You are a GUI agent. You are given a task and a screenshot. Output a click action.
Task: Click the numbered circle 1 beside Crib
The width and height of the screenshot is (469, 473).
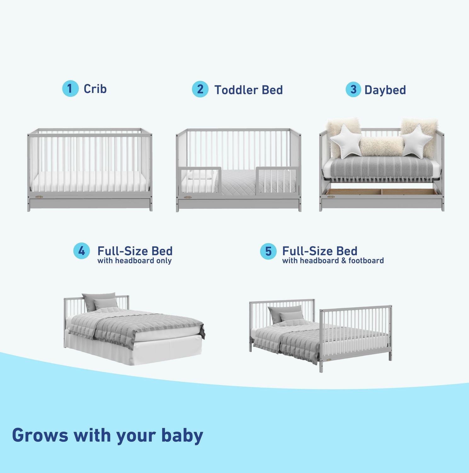(x=70, y=89)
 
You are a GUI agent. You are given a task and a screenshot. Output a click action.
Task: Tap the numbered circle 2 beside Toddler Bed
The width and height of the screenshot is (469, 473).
(x=200, y=89)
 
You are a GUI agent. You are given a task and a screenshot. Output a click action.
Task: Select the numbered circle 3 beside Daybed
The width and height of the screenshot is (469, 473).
(x=353, y=90)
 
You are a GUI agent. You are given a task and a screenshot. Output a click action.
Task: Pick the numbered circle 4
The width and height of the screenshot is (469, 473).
(x=82, y=251)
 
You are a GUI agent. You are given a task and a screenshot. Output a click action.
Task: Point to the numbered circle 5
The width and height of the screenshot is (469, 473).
(x=268, y=251)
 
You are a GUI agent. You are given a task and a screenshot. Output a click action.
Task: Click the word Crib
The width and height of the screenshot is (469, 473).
(x=95, y=89)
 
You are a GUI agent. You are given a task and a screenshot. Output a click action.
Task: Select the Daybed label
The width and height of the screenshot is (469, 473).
(x=385, y=90)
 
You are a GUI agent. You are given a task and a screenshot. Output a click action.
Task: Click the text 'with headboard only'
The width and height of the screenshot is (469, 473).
(x=134, y=261)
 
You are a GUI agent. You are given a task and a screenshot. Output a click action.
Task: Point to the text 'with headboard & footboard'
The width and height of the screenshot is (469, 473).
(x=333, y=261)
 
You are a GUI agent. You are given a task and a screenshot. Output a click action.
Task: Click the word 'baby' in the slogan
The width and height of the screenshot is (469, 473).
(x=182, y=435)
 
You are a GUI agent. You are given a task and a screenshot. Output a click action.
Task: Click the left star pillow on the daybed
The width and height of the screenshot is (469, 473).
(x=346, y=141)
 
